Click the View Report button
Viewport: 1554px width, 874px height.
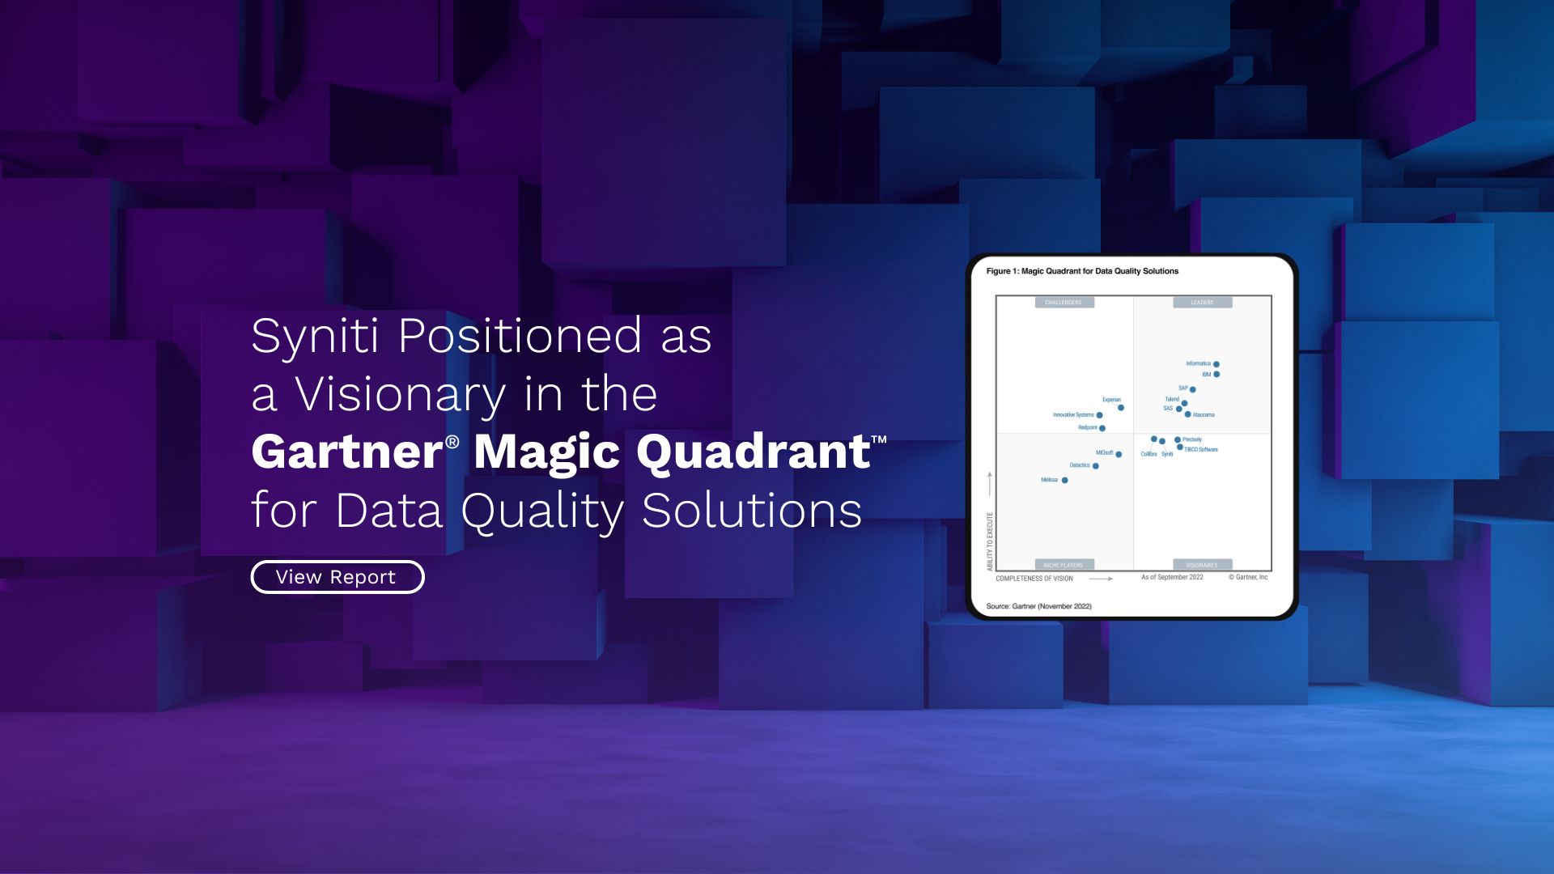coord(337,577)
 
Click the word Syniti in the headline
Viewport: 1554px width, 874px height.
coord(314,336)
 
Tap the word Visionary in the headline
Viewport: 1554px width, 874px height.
coord(400,395)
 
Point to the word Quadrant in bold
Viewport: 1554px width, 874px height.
coord(753,452)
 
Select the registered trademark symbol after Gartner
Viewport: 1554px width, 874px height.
coord(452,441)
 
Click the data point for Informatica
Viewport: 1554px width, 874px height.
coord(1216,364)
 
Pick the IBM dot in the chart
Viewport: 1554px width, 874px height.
coord(1216,375)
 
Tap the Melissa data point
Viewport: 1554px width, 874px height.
coord(1064,481)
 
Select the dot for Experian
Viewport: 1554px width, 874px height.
coord(1120,408)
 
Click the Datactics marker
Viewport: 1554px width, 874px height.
coord(1095,466)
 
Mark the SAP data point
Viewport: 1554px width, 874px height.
coord(1192,389)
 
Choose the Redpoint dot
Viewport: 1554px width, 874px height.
coord(1102,428)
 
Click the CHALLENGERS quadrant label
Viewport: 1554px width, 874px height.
coord(1064,303)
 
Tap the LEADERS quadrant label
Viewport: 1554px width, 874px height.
coord(1202,303)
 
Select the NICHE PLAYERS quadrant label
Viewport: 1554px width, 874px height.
coord(1064,565)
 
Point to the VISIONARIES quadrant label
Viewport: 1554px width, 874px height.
coord(1202,565)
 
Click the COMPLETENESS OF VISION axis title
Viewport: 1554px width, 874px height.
coord(1034,579)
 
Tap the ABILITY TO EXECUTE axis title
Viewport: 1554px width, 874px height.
coord(989,541)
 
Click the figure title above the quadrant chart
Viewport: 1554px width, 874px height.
coord(1082,271)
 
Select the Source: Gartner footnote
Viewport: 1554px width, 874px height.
coord(1038,606)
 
